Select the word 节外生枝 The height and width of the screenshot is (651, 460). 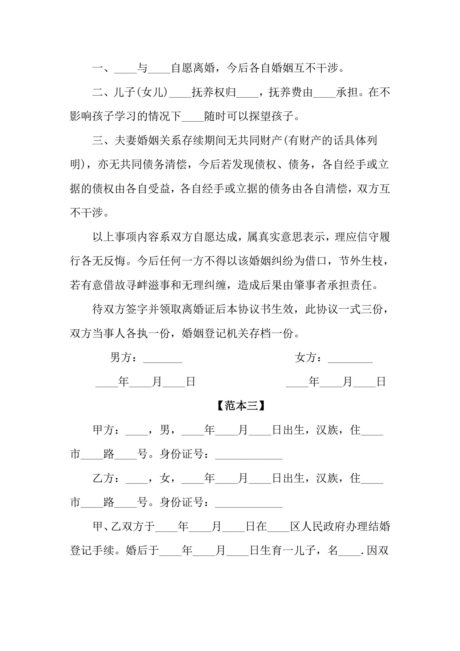[361, 261]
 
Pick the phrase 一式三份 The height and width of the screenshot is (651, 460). [360, 309]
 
